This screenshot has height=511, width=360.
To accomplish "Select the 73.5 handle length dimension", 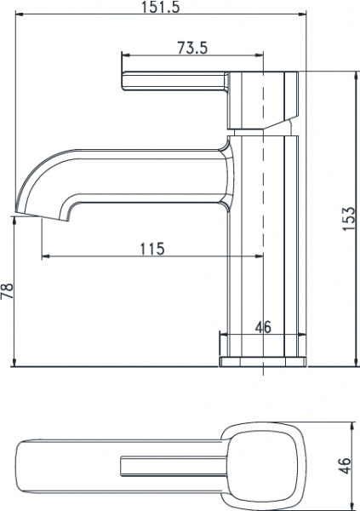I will pos(192,49).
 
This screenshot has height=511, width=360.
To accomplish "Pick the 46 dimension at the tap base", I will pos(263,326).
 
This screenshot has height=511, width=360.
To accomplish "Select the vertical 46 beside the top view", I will pos(345,468).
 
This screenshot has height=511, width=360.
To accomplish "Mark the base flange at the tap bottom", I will pos(262,361).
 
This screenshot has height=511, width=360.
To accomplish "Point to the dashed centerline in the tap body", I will pos(262,213).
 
